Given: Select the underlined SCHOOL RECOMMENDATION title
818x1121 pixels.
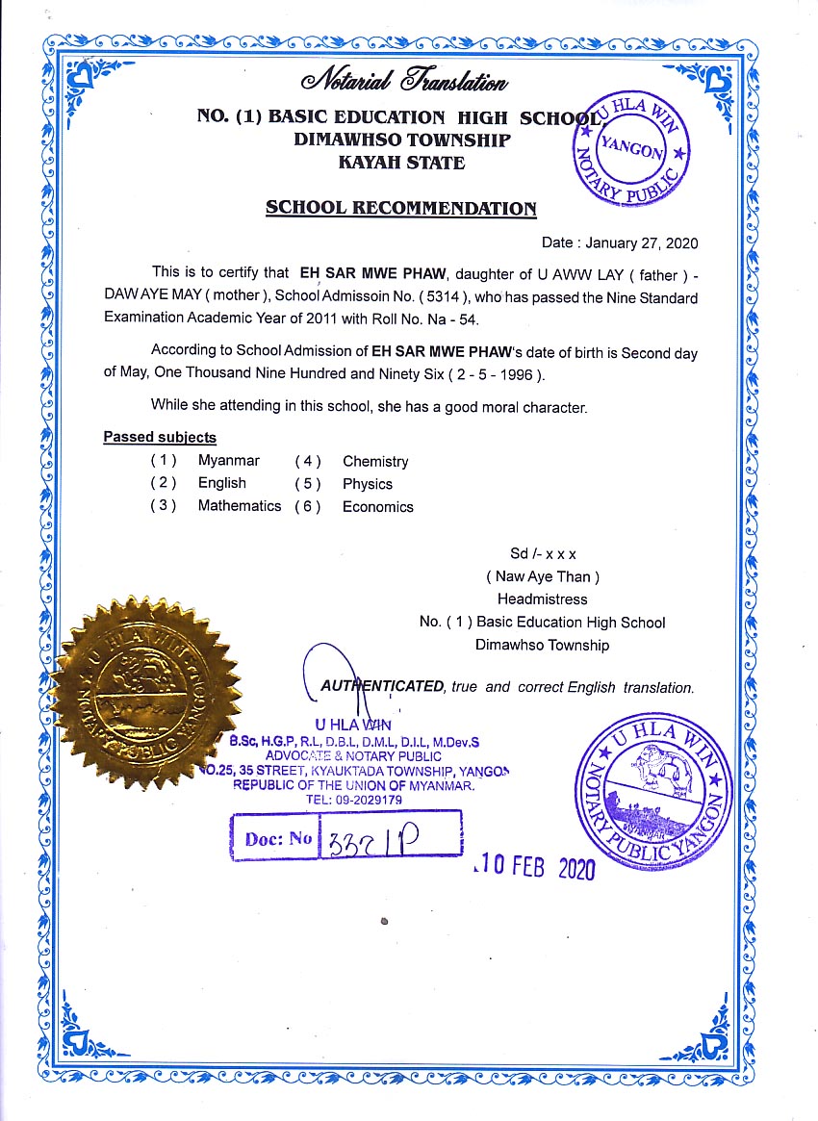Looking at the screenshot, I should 401,208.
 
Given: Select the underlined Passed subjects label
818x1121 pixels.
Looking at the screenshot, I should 160,438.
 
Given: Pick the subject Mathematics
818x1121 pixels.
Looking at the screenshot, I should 240,506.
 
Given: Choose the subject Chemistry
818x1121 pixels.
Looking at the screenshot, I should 375,462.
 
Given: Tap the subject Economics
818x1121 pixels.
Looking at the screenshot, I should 378,507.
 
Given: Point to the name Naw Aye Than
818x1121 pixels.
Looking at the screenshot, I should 543,577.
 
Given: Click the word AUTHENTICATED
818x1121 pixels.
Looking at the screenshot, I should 381,687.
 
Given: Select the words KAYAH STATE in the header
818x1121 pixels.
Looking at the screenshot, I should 388,163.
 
